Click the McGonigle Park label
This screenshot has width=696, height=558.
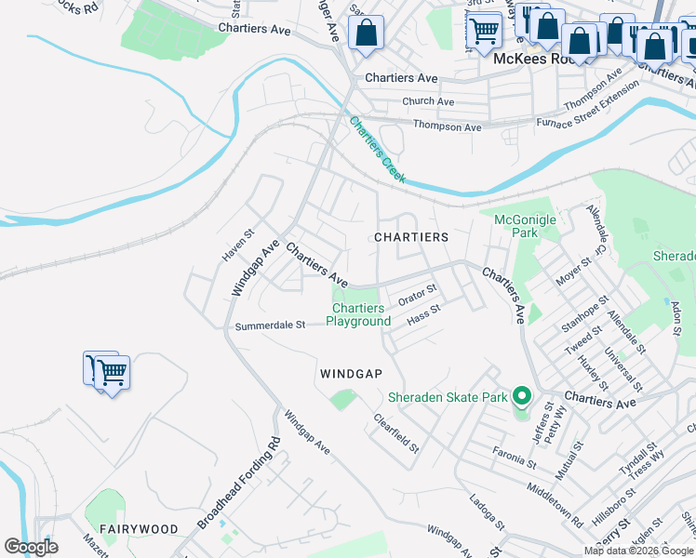pyautogui.click(x=524, y=226)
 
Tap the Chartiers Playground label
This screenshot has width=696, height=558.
pyautogui.click(x=358, y=315)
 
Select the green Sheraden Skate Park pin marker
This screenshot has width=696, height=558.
pyautogui.click(x=522, y=398)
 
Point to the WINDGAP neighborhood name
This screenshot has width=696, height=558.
pyautogui.click(x=351, y=373)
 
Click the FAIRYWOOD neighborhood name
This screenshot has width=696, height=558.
pyautogui.click(x=140, y=528)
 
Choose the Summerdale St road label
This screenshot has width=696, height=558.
pyautogui.click(x=270, y=325)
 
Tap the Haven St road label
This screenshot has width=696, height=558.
pyautogui.click(x=238, y=246)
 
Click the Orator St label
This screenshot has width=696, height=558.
pyautogui.click(x=417, y=295)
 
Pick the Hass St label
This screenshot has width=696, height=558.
pyautogui.click(x=423, y=315)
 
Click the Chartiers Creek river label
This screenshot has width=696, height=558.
pyautogui.click(x=377, y=149)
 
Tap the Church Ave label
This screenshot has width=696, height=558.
pyautogui.click(x=428, y=101)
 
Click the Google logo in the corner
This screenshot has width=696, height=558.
pyautogui.click(x=31, y=547)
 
